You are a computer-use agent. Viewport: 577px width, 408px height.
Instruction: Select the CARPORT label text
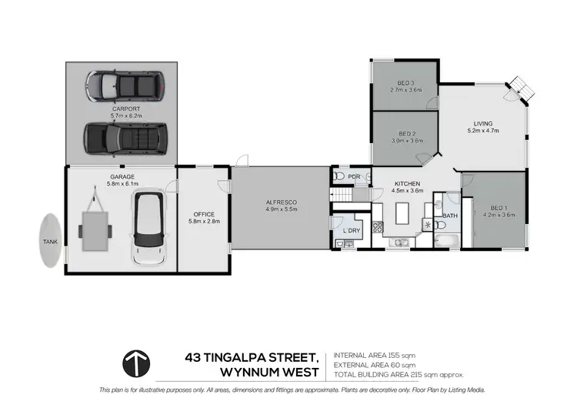(x=125, y=109)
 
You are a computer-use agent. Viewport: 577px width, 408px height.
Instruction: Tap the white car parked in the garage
(x=148, y=229)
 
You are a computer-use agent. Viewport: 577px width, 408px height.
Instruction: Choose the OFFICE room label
(x=204, y=214)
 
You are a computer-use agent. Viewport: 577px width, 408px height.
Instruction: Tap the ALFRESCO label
(x=281, y=202)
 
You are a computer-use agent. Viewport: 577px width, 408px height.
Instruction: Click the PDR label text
(x=355, y=176)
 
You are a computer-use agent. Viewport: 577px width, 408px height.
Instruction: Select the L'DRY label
(x=352, y=231)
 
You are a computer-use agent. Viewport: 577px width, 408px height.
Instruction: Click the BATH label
(x=449, y=216)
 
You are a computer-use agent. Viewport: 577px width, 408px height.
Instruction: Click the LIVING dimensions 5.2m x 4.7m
(x=482, y=131)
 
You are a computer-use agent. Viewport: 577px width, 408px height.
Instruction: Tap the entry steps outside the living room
(x=520, y=87)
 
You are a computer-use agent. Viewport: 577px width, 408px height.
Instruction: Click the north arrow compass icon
(x=139, y=363)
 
